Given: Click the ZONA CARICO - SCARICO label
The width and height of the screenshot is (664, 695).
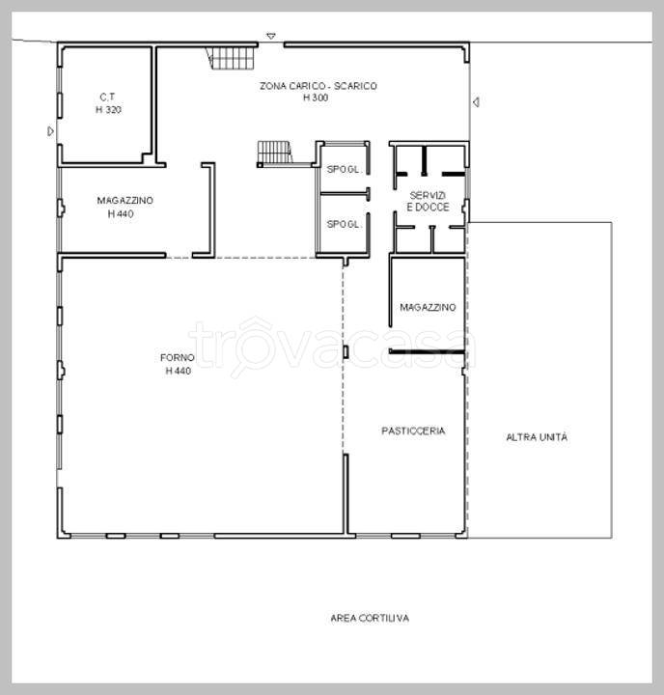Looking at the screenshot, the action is pos(318,86).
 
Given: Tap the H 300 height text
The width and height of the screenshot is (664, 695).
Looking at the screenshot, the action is pos(316,97).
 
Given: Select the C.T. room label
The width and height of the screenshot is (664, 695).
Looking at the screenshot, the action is pos(107,97).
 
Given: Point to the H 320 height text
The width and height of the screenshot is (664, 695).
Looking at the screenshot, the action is pos(109,109).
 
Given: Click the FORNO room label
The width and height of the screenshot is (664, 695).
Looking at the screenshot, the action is pos(178,358).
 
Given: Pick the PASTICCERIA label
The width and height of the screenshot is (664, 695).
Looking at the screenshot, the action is pos(413,431).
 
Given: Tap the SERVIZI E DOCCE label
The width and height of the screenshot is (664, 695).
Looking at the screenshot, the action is pos(428,201).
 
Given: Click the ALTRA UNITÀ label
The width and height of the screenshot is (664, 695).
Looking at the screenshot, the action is pos(537,437).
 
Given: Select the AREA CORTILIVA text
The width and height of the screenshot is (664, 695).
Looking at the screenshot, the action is pos(370,618).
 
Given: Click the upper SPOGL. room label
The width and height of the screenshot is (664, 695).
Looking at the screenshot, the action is pos(344,169).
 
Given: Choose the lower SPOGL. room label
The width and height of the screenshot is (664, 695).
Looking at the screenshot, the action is pos(344,224).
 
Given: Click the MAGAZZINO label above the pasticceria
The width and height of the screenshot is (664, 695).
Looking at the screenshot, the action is pos(428,307).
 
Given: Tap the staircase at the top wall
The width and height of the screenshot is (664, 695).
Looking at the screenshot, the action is pos(232,58).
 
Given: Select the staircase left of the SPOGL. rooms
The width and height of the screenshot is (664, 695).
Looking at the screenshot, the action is pos(275,153).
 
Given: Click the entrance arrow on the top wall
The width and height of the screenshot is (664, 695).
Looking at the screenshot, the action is pos(271,37).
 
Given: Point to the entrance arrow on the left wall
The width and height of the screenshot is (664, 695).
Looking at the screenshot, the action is pos(51,131).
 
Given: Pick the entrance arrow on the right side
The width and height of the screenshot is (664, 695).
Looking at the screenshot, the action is pos(476,102).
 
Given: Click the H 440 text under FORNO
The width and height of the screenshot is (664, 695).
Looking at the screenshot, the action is pos(179,371).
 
